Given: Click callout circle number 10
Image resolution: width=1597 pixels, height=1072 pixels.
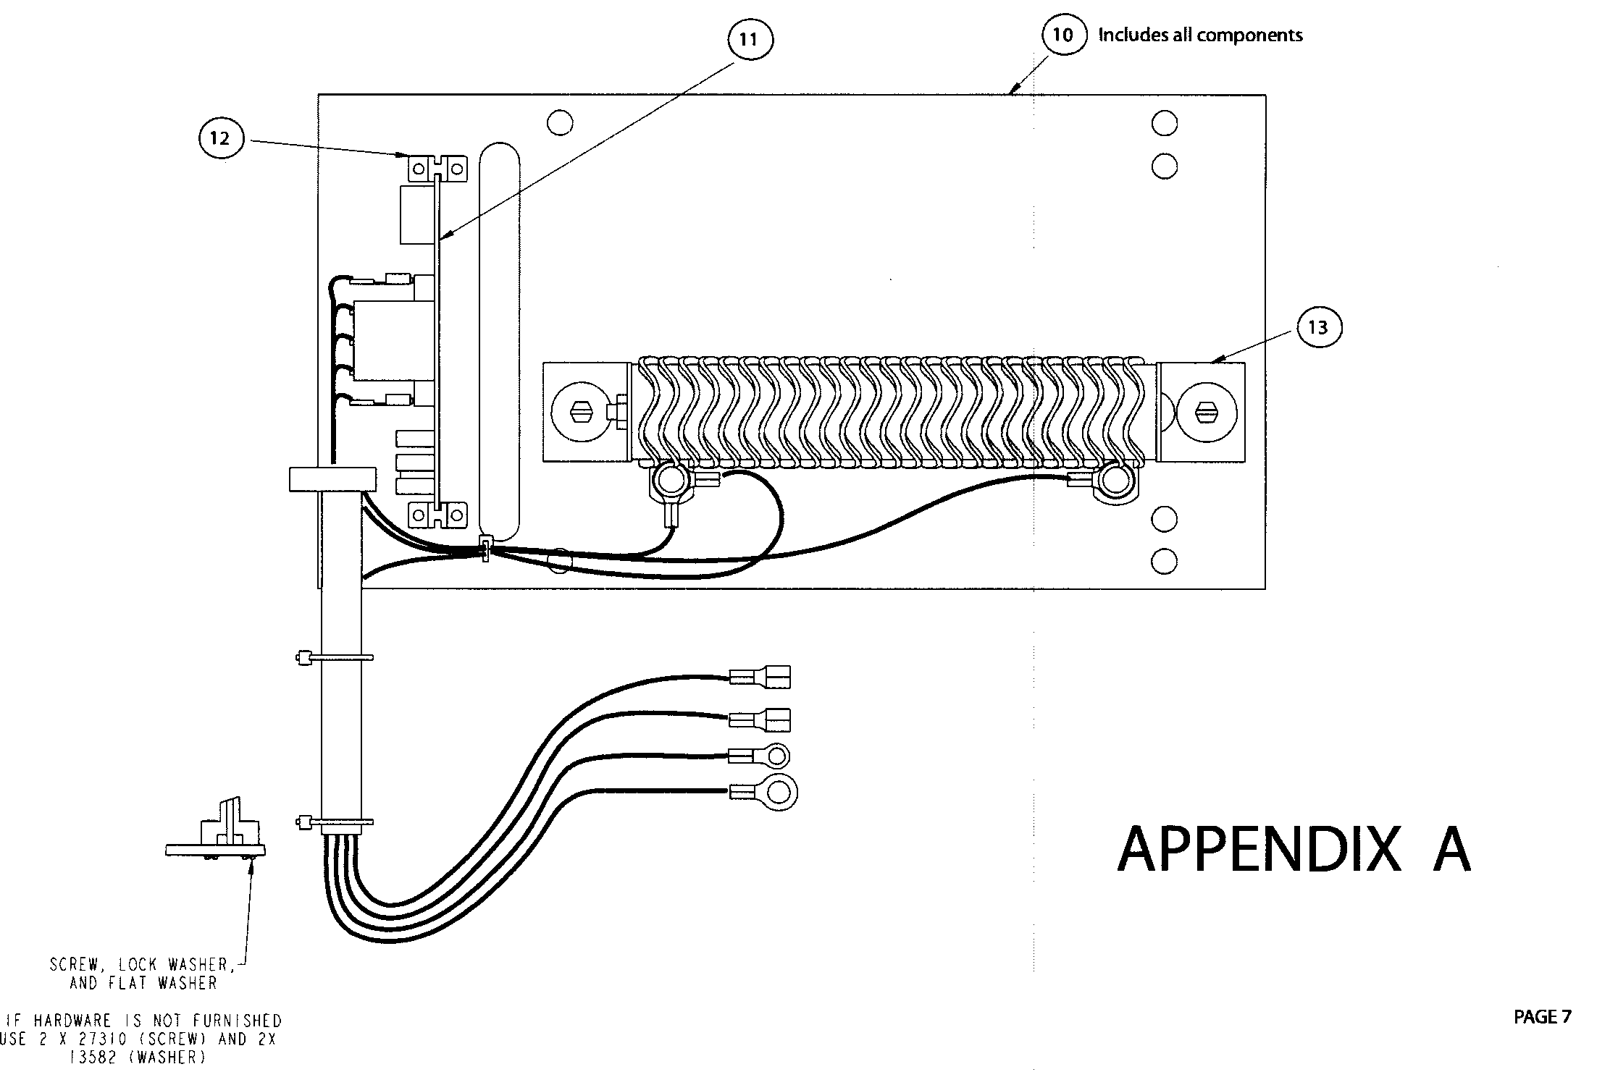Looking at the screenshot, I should pos(1063,35).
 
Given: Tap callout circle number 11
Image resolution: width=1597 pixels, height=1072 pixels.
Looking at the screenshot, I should pos(750,39).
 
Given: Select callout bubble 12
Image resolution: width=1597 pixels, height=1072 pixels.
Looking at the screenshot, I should pos(220,138).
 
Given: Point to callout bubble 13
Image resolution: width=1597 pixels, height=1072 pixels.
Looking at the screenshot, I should pos(1317,328).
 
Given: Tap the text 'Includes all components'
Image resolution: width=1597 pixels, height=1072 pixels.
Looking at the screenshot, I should pos(1200,35).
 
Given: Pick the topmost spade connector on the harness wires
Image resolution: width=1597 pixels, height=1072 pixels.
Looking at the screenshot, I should pos(760,678).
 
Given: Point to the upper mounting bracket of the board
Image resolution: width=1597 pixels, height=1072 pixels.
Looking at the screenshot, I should pos(437,169).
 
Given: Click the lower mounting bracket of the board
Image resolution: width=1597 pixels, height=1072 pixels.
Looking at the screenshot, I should pos(437,515).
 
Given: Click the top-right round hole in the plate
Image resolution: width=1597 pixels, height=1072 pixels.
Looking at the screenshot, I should pos(1164,123).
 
